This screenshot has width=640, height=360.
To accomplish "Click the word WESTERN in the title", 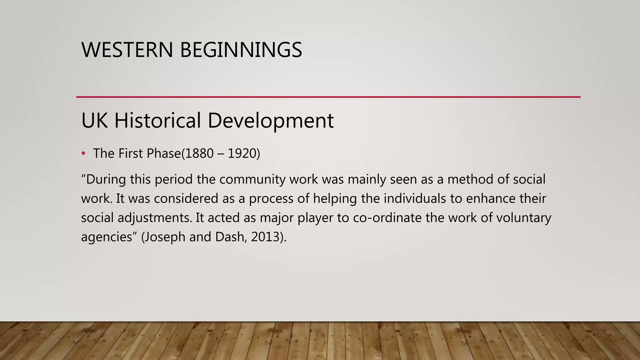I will tap(127, 50).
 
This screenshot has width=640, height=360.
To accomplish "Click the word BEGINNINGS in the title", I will tap(241, 50).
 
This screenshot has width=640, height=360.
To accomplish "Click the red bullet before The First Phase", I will tap(83, 153).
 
